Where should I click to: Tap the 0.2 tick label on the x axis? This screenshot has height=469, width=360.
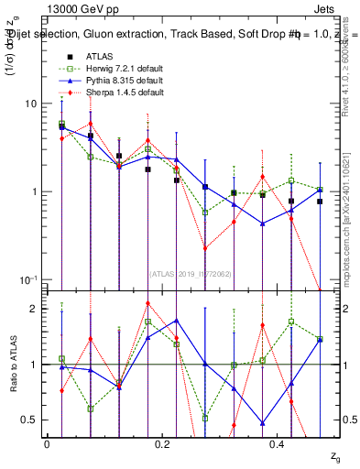click(162, 443)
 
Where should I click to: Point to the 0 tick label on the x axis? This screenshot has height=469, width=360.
click(47, 443)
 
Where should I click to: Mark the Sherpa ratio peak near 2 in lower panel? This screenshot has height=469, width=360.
click(148, 303)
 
